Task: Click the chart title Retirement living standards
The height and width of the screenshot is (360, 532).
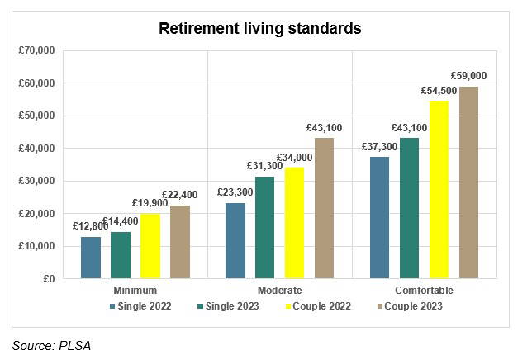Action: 260,28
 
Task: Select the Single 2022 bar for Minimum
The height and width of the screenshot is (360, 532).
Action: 91,258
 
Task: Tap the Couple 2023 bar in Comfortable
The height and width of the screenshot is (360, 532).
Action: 468,182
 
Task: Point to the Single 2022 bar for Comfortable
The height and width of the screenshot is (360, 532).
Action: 379,217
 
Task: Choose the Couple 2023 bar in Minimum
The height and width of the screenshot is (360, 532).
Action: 180,242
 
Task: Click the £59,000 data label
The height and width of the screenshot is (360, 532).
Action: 468,76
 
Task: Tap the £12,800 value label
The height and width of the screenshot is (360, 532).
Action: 91,226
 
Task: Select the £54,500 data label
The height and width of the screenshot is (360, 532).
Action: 439,90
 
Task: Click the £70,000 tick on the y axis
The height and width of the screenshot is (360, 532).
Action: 36,50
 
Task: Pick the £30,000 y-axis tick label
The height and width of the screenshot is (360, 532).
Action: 36,181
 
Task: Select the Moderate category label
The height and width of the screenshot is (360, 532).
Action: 280,291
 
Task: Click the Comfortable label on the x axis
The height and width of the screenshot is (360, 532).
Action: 424,291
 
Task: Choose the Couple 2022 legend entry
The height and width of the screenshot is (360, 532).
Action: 319,307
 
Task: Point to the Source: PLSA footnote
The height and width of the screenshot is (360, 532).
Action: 51,346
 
